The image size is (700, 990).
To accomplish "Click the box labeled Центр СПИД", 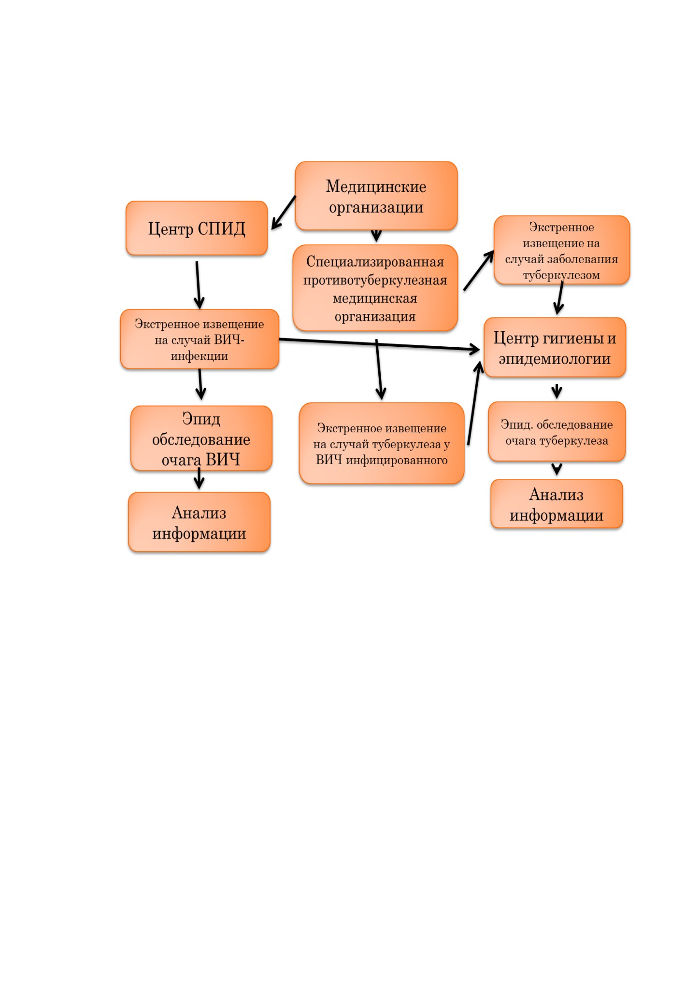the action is point(197,228).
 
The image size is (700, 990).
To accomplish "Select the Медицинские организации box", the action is point(376,196).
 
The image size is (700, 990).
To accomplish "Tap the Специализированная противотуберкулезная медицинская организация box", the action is point(375,288).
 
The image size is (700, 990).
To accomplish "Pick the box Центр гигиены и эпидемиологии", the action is point(555,347).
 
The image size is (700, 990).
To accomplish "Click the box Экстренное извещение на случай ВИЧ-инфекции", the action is point(200,339).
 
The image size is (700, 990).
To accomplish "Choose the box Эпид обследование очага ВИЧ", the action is point(201,438).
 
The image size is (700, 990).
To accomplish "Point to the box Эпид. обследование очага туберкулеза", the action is point(557,432).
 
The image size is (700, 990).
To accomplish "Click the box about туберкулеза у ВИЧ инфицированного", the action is point(382,443).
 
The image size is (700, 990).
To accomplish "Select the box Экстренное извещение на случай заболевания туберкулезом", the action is point(562,250).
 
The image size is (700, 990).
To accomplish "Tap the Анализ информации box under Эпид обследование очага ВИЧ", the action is point(199,522).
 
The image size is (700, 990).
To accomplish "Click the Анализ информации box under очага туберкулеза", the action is point(557,504).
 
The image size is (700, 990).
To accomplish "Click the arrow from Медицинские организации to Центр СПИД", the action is point(284,212).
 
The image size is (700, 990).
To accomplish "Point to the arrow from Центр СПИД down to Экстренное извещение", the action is point(198,285).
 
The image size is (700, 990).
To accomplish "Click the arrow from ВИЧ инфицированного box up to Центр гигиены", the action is point(474,403).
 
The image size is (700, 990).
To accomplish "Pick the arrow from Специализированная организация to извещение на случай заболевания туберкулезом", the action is point(479,270).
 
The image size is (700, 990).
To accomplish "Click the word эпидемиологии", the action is point(555,359).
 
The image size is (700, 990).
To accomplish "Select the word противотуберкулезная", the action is point(375,280).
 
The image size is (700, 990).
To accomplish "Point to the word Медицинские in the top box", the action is point(376,186).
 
